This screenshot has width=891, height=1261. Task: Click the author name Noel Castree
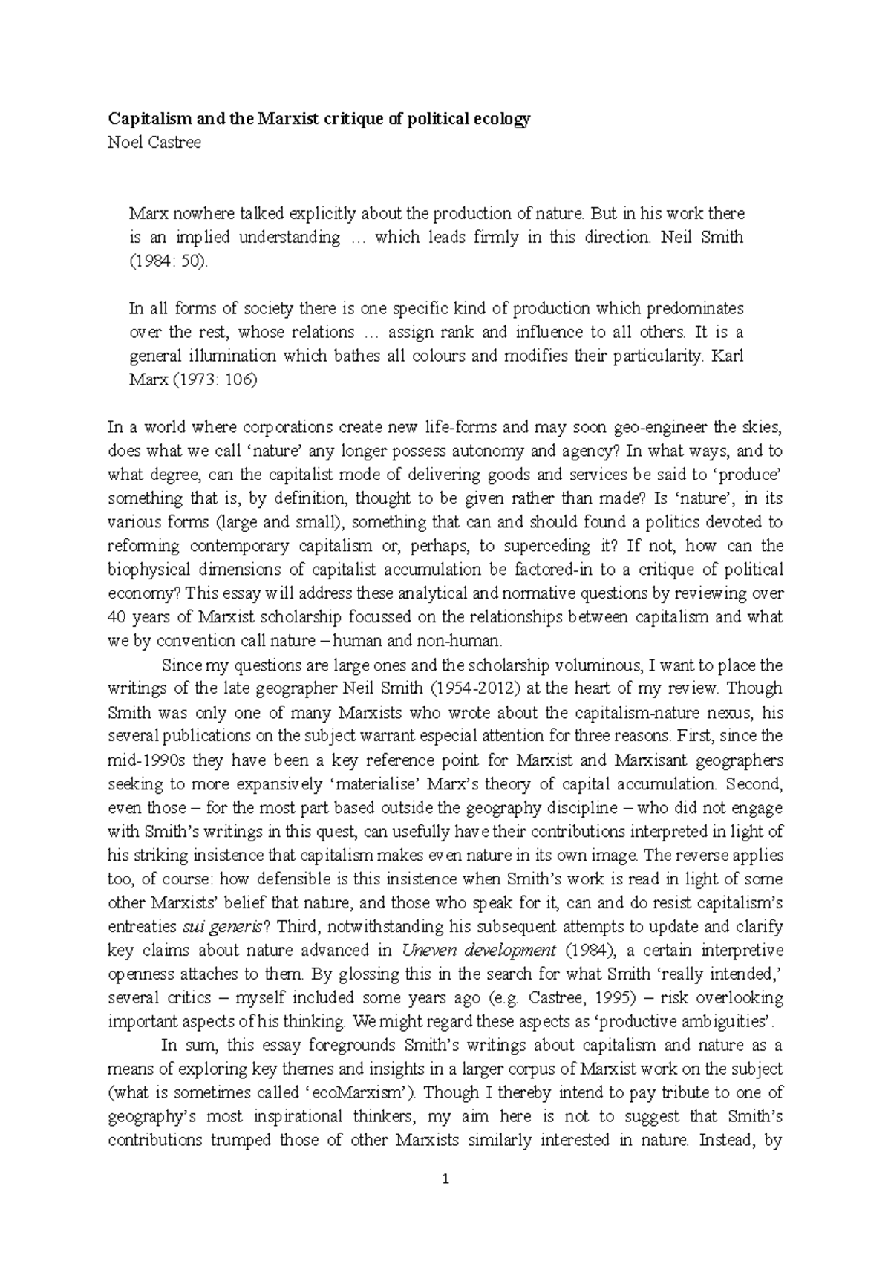(x=154, y=143)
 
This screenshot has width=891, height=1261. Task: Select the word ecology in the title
(x=503, y=119)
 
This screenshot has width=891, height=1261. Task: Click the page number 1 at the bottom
(x=446, y=1179)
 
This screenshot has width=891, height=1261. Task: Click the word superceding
(x=539, y=547)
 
